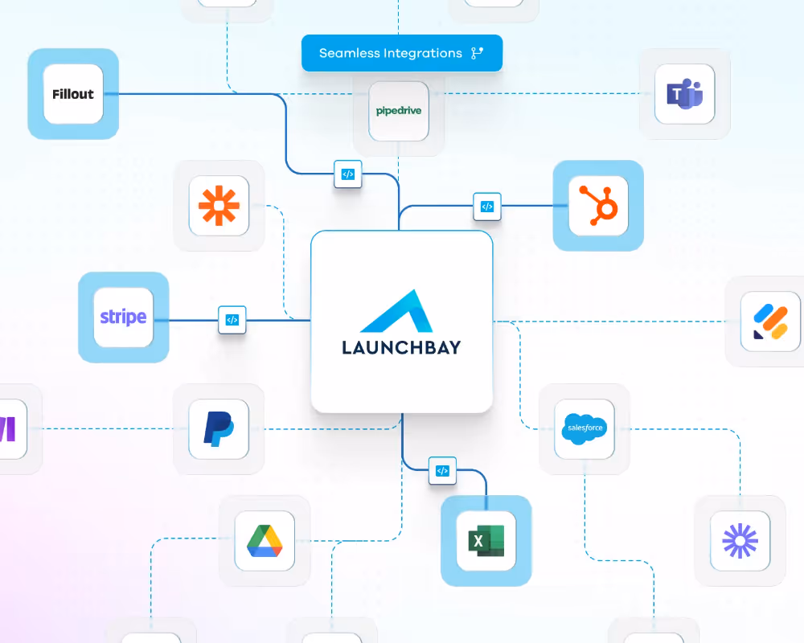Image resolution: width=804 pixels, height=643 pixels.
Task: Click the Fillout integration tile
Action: click(x=73, y=94)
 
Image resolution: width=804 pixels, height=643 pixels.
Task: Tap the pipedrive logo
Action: click(x=399, y=111)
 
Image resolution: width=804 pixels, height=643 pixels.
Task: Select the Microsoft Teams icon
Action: click(x=684, y=95)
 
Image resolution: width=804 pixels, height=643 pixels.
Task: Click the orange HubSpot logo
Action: click(x=598, y=207)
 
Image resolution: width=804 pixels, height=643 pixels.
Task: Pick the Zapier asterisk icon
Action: click(x=219, y=207)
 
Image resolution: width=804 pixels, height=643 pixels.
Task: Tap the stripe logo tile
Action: click(x=123, y=317)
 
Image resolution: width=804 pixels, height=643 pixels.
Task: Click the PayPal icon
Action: click(x=219, y=428)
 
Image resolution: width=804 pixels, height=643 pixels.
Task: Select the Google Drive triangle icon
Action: click(x=265, y=540)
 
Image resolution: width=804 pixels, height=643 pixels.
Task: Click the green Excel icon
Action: click(x=486, y=540)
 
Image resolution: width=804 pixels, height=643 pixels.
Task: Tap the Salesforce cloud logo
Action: click(x=585, y=428)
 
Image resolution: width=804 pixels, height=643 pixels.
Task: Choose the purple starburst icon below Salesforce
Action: click(x=740, y=540)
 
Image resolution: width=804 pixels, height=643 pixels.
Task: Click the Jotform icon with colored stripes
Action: click(x=770, y=321)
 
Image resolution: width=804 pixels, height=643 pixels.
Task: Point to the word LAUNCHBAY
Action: click(x=401, y=348)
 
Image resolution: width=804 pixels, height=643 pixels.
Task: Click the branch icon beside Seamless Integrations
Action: click(x=478, y=53)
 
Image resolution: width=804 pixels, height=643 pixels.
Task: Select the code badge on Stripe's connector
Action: click(x=232, y=320)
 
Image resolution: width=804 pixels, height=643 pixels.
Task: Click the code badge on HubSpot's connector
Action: click(x=486, y=207)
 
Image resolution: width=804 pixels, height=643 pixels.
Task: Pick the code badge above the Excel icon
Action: click(x=442, y=471)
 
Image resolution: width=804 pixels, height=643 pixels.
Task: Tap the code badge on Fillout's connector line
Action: click(x=348, y=174)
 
